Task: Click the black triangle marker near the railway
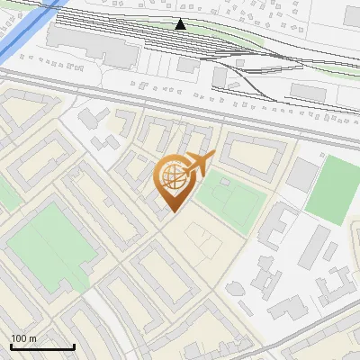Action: coord(181,24)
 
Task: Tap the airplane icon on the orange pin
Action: coord(197,162)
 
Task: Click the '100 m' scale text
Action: coord(23,338)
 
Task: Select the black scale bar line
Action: coord(42,346)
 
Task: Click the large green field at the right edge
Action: coord(332,189)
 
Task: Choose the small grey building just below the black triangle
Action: coord(187,65)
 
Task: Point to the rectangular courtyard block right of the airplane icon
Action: coord(251,153)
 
